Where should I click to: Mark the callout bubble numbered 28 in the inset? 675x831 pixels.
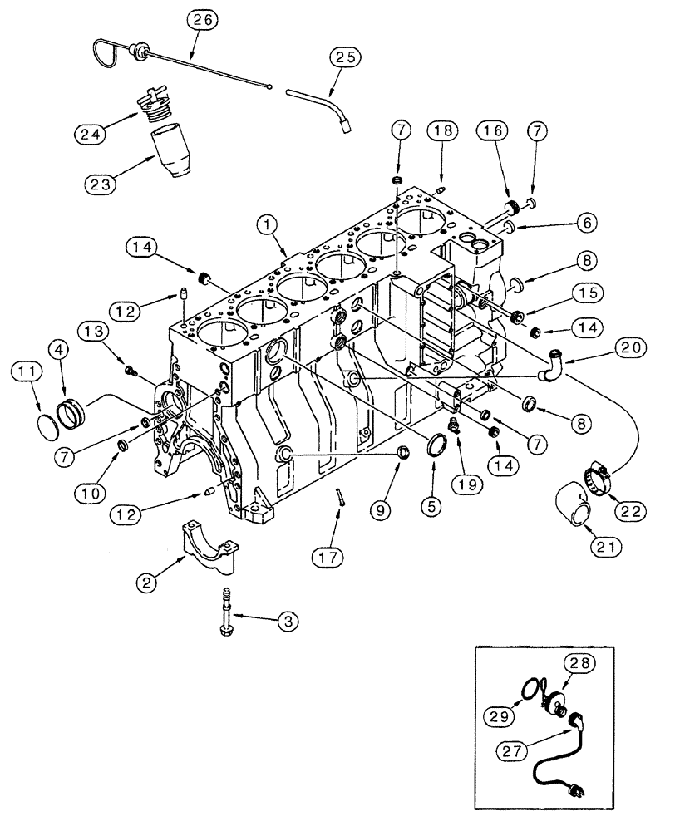coord(582,661)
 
